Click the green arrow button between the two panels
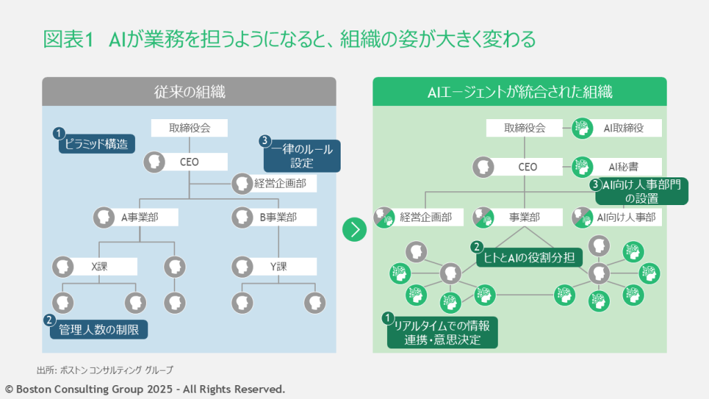point(354,229)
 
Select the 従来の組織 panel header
point(189,91)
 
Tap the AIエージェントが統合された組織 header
point(519,91)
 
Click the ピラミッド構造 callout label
point(96,143)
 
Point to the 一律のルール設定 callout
point(302,156)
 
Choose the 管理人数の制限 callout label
point(98,330)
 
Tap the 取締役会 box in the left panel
point(190,127)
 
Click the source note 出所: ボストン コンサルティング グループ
point(105,369)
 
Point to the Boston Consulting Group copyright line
point(145,389)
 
